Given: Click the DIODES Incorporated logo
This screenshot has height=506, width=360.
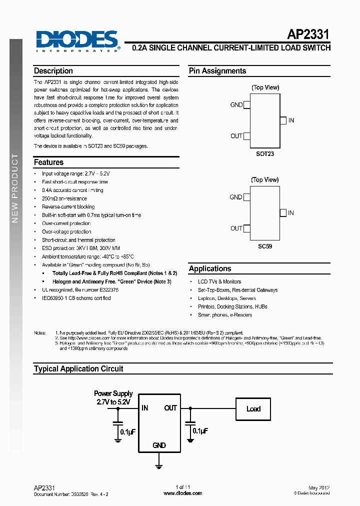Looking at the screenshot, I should (77, 40).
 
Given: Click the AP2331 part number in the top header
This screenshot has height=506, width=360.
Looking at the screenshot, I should (308, 34).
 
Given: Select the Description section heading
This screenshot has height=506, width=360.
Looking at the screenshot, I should (53, 71).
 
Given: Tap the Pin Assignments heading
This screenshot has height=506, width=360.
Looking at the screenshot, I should (217, 71).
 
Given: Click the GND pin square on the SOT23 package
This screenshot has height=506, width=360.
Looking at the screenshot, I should (246, 105).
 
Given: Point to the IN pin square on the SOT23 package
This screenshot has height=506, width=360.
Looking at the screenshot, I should (283, 120).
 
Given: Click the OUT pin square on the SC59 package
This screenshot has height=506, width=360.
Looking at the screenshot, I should (246, 228).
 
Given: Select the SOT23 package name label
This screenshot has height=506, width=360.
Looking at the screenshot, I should (265, 154).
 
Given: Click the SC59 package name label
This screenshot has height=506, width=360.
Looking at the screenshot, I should (265, 246).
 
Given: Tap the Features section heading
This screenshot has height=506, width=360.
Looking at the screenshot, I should (48, 162).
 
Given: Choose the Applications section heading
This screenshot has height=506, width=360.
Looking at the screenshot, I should (210, 268).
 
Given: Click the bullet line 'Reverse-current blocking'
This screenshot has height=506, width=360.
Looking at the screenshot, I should (68, 207).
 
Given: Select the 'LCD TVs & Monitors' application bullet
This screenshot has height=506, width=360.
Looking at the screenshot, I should (219, 282).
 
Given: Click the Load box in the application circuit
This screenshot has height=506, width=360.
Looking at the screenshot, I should (253, 409).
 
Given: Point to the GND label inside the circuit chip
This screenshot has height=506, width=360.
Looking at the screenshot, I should (159, 445).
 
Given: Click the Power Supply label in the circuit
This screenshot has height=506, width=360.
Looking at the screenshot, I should (113, 393).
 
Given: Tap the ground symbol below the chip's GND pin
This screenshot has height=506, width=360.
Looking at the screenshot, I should (159, 466).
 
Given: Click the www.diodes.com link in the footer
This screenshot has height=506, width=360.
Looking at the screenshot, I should (183, 493).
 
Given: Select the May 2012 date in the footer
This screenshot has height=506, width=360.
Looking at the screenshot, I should (319, 487).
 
